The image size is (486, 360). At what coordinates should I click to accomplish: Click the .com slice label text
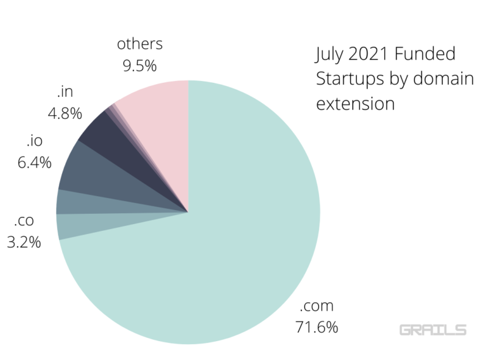315,307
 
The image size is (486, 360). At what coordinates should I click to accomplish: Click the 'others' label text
140,44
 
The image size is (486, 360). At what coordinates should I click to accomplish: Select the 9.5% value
140,65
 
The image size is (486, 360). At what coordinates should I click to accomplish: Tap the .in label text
65,92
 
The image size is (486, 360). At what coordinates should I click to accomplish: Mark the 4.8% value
65,114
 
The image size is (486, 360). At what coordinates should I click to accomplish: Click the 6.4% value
34,161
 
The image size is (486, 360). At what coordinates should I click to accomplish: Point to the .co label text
23,220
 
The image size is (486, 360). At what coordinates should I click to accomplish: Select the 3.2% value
23,242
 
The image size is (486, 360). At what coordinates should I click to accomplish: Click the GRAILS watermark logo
433,330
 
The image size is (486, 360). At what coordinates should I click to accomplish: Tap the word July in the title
330,54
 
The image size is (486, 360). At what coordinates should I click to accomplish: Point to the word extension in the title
355,103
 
